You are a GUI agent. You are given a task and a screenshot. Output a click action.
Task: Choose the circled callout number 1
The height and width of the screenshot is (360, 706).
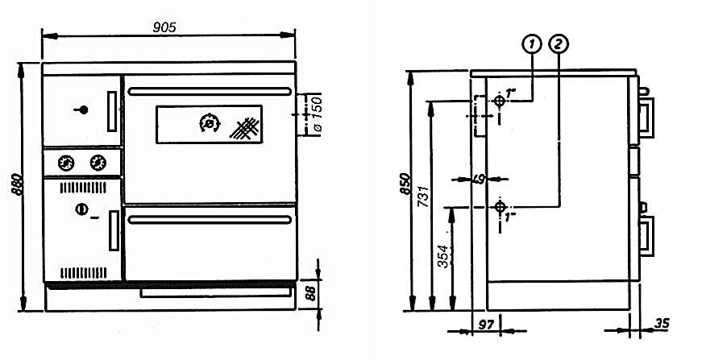coord(530,45)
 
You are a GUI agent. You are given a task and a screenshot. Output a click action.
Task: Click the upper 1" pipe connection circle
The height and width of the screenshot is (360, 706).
coord(500,101)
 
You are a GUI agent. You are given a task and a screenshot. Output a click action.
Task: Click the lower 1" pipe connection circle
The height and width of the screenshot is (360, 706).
coord(501,208)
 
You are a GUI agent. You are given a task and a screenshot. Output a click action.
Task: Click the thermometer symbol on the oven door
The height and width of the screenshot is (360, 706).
coord(209,124)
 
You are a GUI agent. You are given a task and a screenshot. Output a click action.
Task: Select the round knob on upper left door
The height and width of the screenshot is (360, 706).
coord(79,110)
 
